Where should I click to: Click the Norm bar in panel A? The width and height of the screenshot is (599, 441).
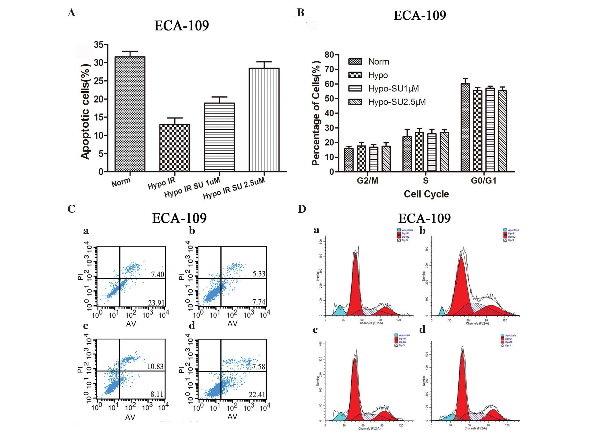point(130,114)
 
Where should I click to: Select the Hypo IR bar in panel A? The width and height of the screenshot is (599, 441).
point(175,148)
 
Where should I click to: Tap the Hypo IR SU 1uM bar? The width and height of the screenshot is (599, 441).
point(219,137)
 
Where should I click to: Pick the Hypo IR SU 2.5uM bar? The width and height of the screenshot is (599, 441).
point(264,120)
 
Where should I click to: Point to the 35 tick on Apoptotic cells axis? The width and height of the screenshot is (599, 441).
point(99,45)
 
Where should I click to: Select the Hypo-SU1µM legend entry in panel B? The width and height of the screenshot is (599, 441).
point(394,89)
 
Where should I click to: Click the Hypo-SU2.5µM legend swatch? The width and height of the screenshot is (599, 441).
point(355,102)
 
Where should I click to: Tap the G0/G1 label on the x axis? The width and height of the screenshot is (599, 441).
point(483,181)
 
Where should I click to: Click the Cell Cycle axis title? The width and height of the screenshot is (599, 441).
point(426,194)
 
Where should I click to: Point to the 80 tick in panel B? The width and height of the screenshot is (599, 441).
point(329,55)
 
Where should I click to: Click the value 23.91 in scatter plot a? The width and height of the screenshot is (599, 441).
point(156,303)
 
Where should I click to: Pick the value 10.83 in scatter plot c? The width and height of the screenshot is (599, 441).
point(155,366)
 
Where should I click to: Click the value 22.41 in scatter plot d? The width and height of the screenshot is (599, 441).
point(257,395)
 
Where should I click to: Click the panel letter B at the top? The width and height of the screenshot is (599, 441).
point(301,13)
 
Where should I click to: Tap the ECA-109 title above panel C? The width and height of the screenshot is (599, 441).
point(179,218)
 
